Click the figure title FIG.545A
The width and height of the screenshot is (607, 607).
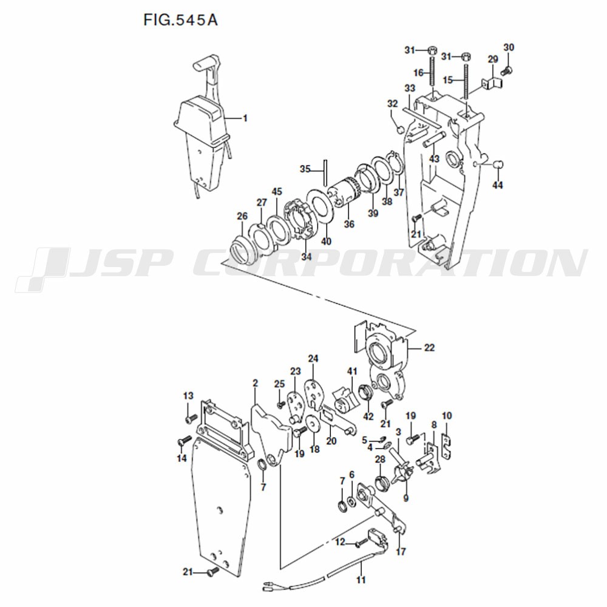(x=180, y=20)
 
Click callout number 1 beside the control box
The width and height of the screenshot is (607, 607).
(x=245, y=118)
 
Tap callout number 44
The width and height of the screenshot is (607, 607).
(x=498, y=185)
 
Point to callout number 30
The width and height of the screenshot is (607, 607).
(x=509, y=47)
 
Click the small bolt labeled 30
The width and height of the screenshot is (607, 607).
(x=506, y=71)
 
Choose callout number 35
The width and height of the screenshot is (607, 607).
(x=305, y=169)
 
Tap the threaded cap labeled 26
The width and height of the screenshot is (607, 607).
(x=242, y=247)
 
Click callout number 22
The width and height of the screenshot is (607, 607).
(x=429, y=348)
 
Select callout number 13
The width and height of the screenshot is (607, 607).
(x=188, y=396)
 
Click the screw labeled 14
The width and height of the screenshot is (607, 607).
(x=184, y=441)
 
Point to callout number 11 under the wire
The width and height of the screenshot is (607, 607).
(x=361, y=580)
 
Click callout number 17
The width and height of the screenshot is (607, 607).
(x=401, y=551)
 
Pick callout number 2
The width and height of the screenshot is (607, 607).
(x=255, y=383)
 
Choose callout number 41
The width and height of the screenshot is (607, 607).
(x=352, y=371)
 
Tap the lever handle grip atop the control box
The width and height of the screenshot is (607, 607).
(x=205, y=63)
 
